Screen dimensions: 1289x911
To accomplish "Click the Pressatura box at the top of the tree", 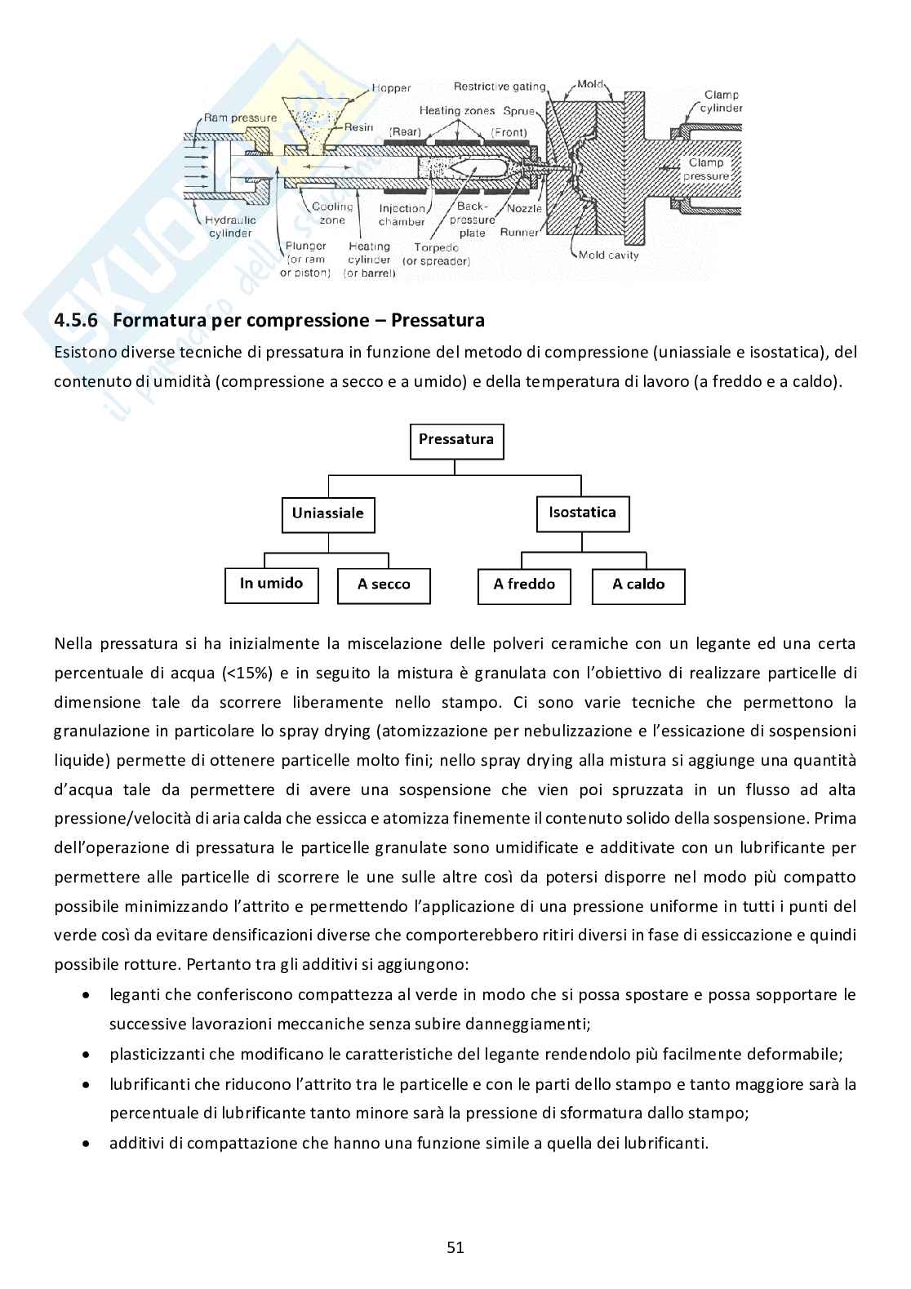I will click(455, 440).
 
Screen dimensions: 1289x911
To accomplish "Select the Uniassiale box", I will click(328, 514).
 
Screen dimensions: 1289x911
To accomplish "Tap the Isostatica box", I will click(582, 513).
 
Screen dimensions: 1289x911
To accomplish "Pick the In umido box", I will click(271, 584).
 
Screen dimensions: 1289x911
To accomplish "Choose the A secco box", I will click(384, 584).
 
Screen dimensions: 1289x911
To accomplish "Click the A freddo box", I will click(524, 584).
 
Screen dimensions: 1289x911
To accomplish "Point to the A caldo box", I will click(638, 584).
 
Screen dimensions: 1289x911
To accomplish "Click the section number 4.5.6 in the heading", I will click(76, 321).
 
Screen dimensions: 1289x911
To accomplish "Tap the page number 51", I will click(455, 1247).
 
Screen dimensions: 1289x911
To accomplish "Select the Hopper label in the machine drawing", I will click(391, 88).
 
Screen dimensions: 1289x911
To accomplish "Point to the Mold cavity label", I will click(608, 255).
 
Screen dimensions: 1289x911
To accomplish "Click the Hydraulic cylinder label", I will click(230, 226).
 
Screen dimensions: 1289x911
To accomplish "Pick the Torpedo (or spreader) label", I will click(442, 254).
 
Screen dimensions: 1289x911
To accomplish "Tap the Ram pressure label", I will click(241, 118).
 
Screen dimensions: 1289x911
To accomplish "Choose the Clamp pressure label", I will click(706, 169).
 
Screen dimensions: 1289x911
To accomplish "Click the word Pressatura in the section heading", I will click(438, 321).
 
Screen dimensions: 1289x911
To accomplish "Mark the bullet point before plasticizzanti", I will click(87, 1055).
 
